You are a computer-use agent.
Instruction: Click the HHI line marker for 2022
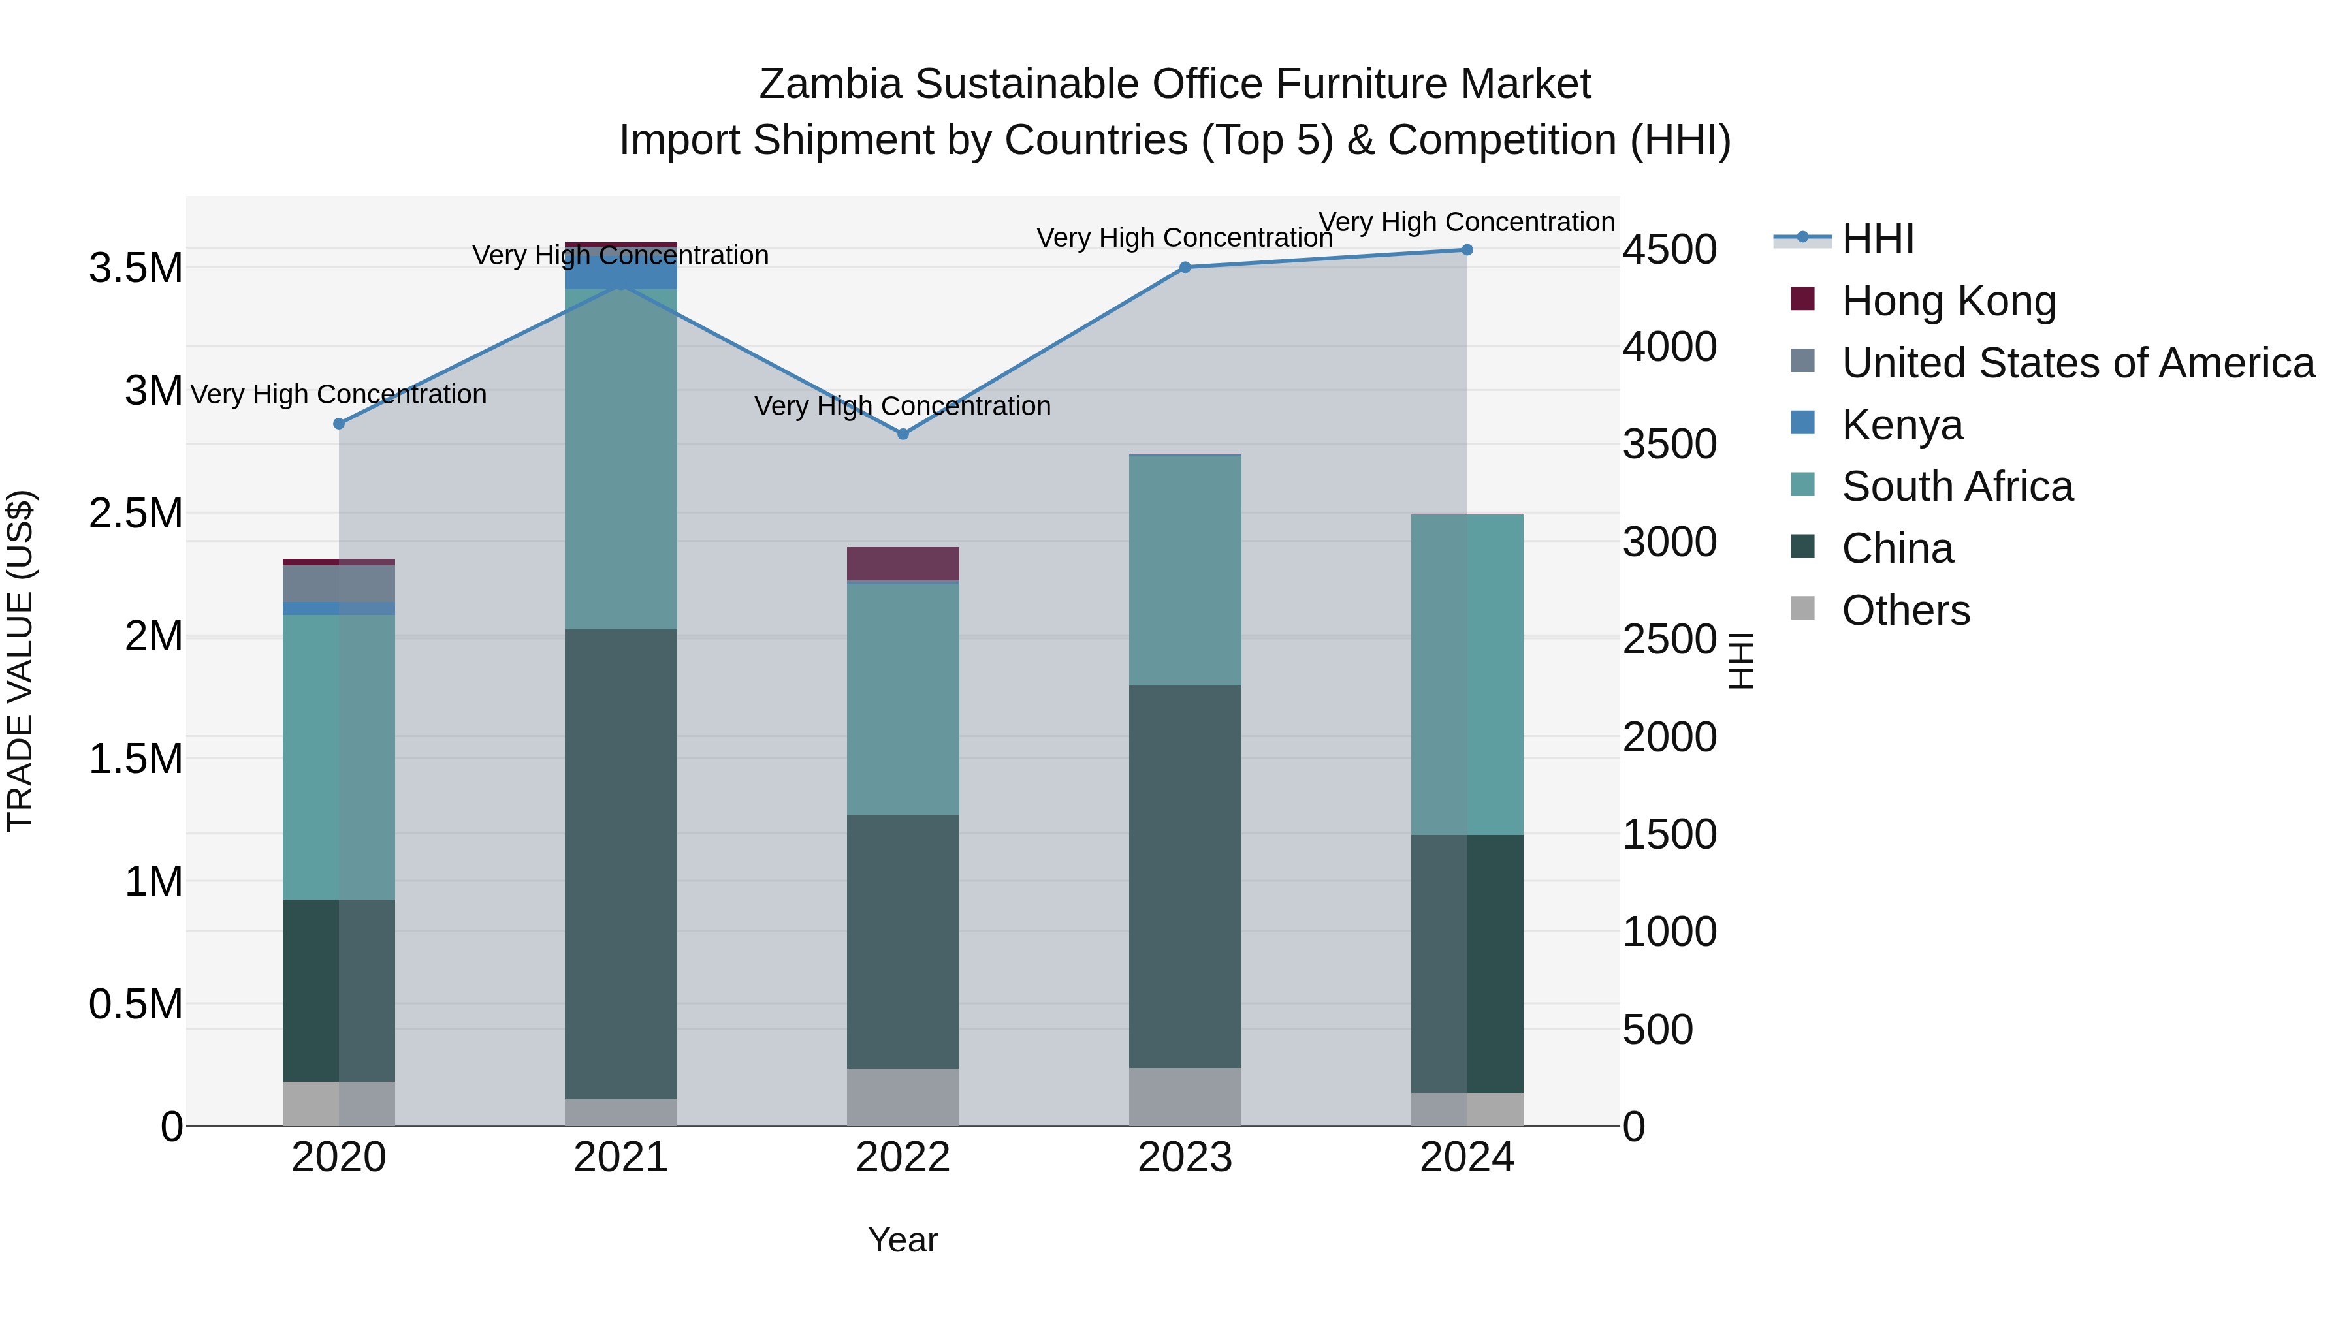tap(903, 434)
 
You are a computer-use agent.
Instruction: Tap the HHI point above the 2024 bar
tap(1467, 250)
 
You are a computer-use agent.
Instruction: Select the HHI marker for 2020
tap(338, 423)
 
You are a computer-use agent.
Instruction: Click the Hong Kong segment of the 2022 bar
tap(903, 563)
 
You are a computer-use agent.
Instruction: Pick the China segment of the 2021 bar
tap(620, 863)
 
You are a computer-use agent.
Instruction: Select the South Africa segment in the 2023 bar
tap(1185, 569)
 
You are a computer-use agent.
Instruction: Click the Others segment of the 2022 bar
tap(903, 1097)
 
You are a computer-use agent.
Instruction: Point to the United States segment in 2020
tap(338, 583)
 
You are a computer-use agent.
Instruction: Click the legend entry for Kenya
tap(1902, 425)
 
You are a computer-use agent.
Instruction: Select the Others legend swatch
tap(1802, 608)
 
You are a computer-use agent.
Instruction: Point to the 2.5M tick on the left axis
tap(136, 514)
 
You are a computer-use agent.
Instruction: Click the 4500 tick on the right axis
tap(1669, 250)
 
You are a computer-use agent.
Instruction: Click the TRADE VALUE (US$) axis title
tap(20, 661)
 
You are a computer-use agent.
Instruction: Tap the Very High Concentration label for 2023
tap(1185, 238)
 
